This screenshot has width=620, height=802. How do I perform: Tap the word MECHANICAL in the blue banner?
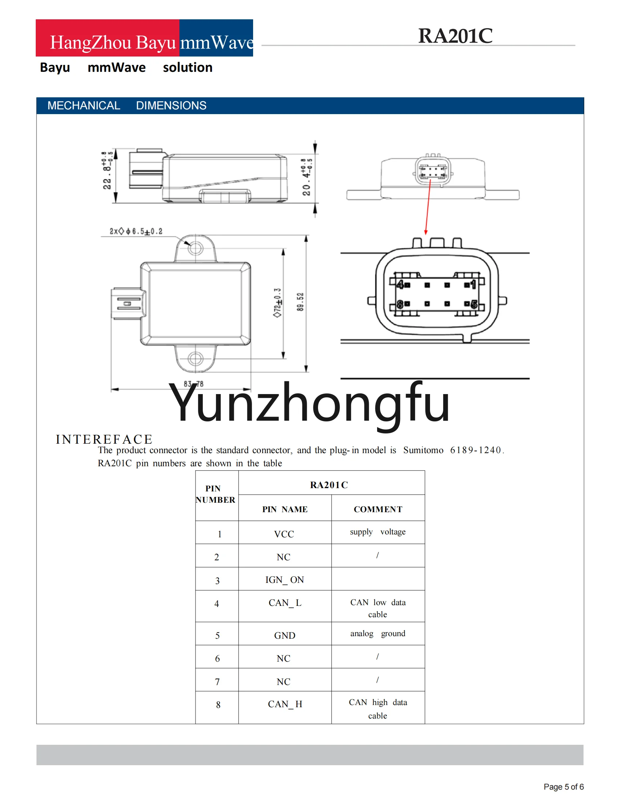point(84,106)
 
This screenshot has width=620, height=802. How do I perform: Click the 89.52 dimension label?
point(301,302)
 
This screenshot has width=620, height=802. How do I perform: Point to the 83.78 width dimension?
point(194,384)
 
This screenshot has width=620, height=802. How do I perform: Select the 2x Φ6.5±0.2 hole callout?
point(136,231)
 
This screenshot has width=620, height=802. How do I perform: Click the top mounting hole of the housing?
point(195,248)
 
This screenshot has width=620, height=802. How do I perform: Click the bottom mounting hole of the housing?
point(195,358)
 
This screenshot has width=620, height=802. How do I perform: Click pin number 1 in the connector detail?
point(473,284)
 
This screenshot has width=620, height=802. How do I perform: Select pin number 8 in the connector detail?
point(400,304)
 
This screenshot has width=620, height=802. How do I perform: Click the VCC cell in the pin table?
point(284,534)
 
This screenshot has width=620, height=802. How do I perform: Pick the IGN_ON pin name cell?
point(285,580)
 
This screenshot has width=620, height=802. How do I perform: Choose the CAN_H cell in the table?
point(285,704)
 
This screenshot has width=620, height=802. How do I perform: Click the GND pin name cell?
point(285,636)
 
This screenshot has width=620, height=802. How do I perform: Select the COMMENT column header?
point(378,509)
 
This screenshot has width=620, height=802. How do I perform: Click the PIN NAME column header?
point(285,509)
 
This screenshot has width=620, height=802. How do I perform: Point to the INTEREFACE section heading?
point(104,439)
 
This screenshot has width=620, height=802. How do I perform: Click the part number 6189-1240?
point(475,450)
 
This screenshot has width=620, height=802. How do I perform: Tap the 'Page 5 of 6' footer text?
point(563,787)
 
